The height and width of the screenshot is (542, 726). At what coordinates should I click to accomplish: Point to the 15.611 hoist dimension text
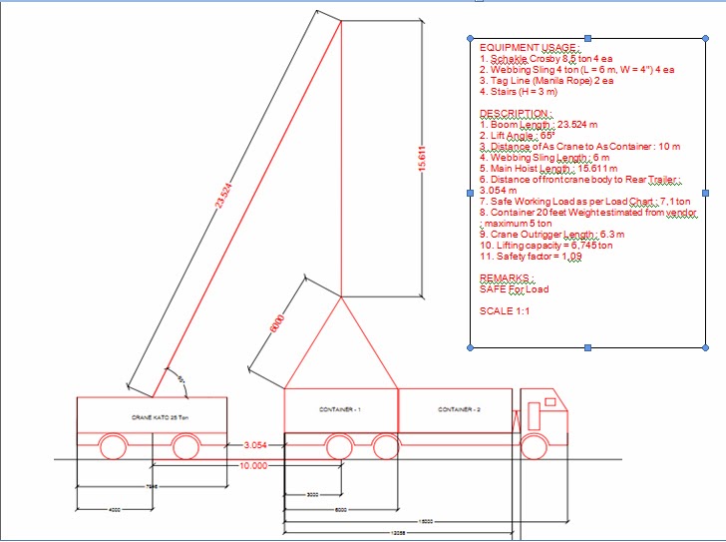[423, 160]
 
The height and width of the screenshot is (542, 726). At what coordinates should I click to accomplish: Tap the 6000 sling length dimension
[278, 324]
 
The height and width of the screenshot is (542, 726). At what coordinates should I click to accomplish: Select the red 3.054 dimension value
[256, 443]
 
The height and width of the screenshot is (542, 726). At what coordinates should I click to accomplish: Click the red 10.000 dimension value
[255, 466]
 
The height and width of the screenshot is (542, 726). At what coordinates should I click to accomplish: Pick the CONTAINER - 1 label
[340, 410]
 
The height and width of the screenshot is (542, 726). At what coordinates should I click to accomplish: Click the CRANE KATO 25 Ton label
[153, 416]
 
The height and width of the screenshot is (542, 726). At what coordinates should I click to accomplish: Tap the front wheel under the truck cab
[537, 445]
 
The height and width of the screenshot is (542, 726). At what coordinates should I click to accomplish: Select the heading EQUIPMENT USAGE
[529, 47]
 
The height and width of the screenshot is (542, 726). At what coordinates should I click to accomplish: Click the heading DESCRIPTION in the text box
[514, 113]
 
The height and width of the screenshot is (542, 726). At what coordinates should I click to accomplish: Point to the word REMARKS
[506, 278]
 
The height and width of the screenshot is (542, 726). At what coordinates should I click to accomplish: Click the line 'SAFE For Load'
[514, 289]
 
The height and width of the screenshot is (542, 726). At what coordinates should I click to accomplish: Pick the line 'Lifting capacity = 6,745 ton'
[546, 245]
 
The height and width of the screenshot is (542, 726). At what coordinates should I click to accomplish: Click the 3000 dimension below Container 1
[312, 494]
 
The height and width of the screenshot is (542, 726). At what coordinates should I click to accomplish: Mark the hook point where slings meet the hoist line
[342, 296]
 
